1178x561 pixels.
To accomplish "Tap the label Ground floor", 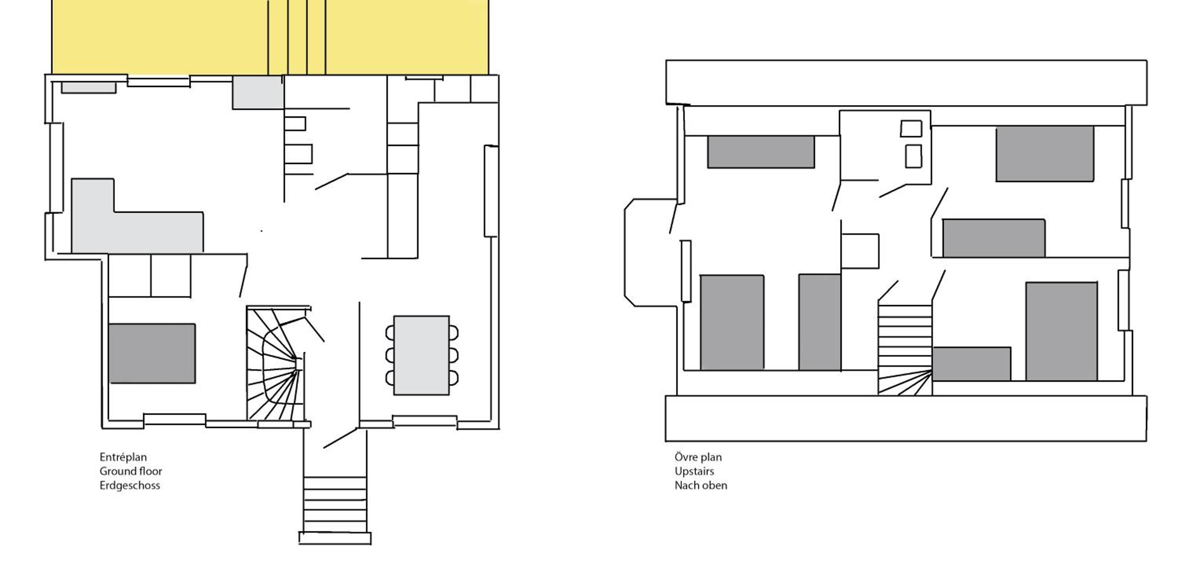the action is (x=131, y=471).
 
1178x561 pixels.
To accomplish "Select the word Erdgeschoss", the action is (x=130, y=486).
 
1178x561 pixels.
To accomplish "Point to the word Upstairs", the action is (x=694, y=471).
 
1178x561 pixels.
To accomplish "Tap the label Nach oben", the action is (x=701, y=486).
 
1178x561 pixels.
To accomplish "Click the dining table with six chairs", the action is (x=422, y=355).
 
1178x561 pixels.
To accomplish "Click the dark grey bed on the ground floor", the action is (x=152, y=353).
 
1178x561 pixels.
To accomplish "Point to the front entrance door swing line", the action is (x=340, y=438).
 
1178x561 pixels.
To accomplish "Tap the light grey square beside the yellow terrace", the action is (x=258, y=92).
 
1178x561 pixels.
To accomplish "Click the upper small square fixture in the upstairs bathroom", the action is (x=911, y=128).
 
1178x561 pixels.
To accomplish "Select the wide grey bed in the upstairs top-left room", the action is (x=761, y=152).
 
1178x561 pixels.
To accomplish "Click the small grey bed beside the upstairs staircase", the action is (x=971, y=364).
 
